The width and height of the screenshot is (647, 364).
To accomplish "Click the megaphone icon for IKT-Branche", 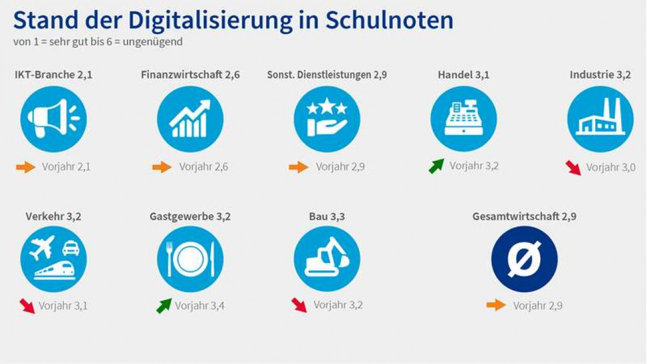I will [53, 119].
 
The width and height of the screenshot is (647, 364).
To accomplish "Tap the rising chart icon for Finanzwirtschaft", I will [190, 119].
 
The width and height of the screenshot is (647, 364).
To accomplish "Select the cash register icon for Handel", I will [464, 119].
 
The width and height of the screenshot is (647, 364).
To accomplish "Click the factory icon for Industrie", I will [600, 119].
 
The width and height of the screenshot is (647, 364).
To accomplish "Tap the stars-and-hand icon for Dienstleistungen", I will [327, 119].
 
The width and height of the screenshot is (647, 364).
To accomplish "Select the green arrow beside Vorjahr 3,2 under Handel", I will [437, 166].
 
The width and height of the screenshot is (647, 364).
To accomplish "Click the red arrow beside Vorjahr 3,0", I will [573, 168].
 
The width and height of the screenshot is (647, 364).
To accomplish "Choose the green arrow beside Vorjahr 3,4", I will [164, 306].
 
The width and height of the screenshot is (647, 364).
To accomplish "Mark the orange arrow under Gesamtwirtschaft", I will [496, 305].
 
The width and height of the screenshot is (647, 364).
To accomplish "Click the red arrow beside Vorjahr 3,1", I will [27, 305].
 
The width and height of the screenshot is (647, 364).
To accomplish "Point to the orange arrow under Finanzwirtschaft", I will [162, 167].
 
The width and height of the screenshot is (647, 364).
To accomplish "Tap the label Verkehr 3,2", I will [53, 217].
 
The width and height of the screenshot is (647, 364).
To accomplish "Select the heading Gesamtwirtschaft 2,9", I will [524, 217].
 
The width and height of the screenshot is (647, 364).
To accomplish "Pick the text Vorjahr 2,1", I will [66, 167].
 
